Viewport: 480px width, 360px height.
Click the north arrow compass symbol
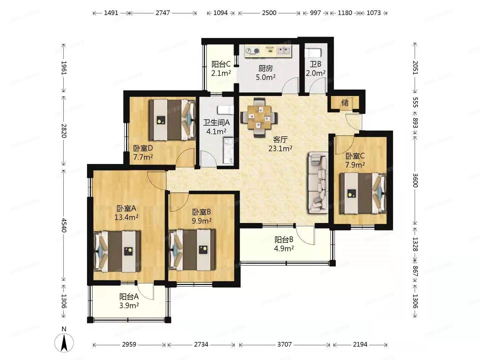pyautogui.click(x=64, y=342)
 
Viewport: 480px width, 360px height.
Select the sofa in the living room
pyautogui.click(x=318, y=182)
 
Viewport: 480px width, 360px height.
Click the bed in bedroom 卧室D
pyautogui.click(x=172, y=120)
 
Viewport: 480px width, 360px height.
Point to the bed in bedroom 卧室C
pyautogui.click(x=362, y=193)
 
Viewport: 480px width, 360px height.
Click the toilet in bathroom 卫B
pyautogui.click(x=313, y=53)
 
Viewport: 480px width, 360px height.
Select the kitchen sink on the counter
pyautogui.click(x=284, y=51)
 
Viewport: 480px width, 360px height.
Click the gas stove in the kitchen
pyautogui.click(x=252, y=51)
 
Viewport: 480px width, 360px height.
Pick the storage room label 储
pyautogui.click(x=345, y=103)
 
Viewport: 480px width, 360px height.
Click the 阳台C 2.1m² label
pyautogui.click(x=221, y=68)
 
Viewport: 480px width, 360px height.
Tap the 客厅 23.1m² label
pyautogui.click(x=280, y=144)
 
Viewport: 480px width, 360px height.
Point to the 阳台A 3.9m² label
pyautogui.click(x=129, y=301)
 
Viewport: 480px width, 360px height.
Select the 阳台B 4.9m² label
pyautogui.click(x=284, y=244)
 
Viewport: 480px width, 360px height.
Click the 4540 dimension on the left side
pyautogui.click(x=64, y=225)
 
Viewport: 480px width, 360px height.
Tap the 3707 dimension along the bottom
pyautogui.click(x=284, y=344)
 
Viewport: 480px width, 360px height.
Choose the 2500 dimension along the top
pyautogui.click(x=269, y=13)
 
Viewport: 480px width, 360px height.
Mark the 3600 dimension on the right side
pyautogui.click(x=415, y=180)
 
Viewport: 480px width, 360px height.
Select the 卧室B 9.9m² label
pyautogui.click(x=201, y=216)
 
